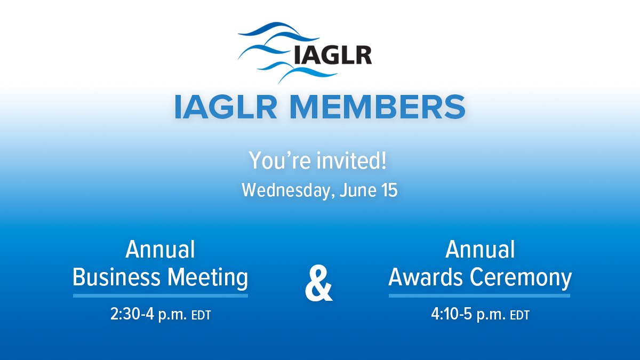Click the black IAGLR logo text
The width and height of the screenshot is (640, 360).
(x=332, y=54)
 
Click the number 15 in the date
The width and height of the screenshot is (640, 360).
(x=389, y=190)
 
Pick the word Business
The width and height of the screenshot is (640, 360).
(x=117, y=277)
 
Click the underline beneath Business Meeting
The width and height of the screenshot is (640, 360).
(x=161, y=295)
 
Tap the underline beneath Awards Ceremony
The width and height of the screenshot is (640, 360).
(x=479, y=295)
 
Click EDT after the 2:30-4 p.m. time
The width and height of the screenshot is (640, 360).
(x=201, y=315)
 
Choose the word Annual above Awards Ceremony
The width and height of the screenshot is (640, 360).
(x=480, y=250)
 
